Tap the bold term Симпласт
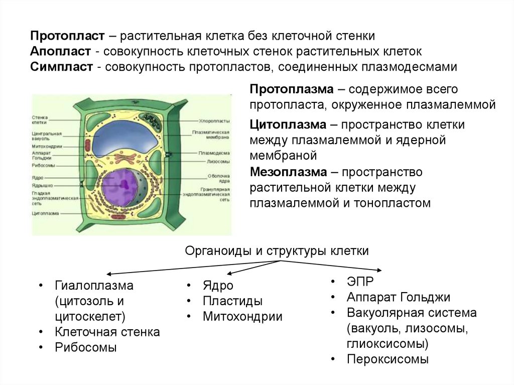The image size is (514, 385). coord(62,67)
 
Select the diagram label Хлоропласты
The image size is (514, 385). coord(214,121)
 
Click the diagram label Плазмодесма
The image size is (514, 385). coord(214,153)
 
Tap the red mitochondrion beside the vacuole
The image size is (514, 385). coord(88,148)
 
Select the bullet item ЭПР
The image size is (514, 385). coord(360,281)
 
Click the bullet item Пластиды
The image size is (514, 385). coord(232,301)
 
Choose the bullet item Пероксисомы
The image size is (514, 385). coord(388,359)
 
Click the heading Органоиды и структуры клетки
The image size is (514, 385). coord(277,251)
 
